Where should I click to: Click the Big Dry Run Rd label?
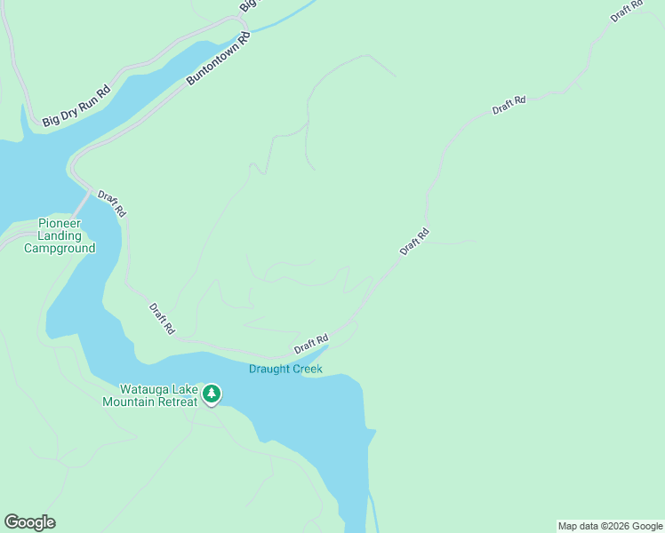click(76, 105)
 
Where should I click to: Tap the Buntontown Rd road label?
click(218, 59)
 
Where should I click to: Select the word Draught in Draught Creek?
click(268, 369)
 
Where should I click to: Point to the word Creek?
click(305, 369)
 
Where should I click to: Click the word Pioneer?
click(60, 224)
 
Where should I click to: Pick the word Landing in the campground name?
click(60, 236)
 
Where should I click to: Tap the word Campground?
click(60, 249)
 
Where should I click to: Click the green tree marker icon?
click(211, 394)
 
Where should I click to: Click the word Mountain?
click(128, 402)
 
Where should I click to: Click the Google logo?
click(29, 522)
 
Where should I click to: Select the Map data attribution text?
click(610, 526)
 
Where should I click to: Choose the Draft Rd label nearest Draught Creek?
click(311, 343)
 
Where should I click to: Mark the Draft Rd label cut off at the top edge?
click(626, 12)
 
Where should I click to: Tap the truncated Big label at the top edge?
click(248, 5)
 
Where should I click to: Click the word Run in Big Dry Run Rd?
click(88, 99)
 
